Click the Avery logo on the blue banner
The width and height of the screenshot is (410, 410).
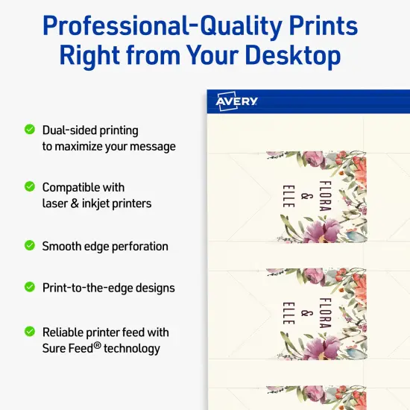236,101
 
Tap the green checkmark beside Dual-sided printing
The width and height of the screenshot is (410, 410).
30,129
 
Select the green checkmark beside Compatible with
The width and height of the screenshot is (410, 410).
30,186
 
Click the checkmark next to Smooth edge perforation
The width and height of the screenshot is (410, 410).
30,245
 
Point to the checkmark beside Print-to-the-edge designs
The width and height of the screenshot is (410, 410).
30,286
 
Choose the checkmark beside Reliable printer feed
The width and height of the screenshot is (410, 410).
30,331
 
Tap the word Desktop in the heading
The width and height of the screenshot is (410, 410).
290,56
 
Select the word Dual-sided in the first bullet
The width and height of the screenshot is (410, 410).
67,130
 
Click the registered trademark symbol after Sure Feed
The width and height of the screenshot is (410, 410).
97,344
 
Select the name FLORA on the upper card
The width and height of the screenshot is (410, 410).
324,196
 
